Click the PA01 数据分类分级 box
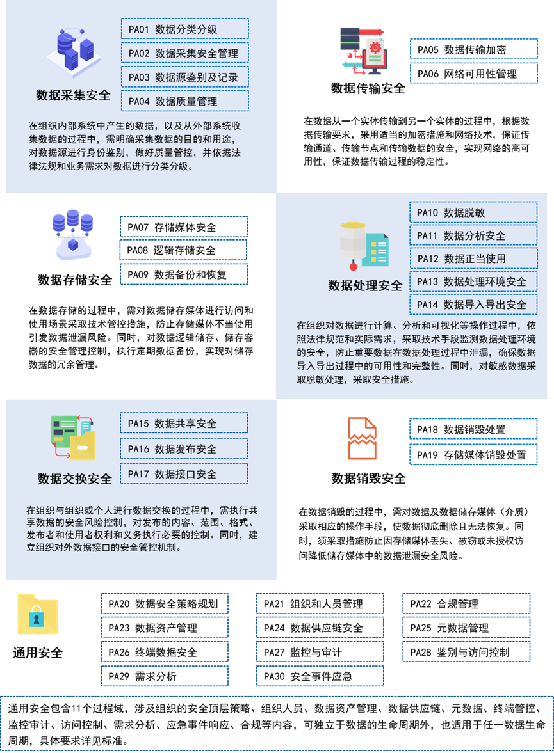184,29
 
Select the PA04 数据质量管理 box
184,101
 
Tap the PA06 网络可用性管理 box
474,74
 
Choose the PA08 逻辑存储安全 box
183,250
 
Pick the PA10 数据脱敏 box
473,212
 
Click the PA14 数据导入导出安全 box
473,304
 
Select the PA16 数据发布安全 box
184,448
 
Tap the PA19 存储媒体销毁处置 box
473,454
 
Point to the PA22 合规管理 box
466,604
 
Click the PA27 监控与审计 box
320,652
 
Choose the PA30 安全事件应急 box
320,676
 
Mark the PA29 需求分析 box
165,676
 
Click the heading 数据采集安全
73,95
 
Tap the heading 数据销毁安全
368,479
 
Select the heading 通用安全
38,653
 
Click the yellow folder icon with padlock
38,614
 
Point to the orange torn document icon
362,438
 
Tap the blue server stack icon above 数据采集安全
74,52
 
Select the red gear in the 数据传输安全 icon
375,47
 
